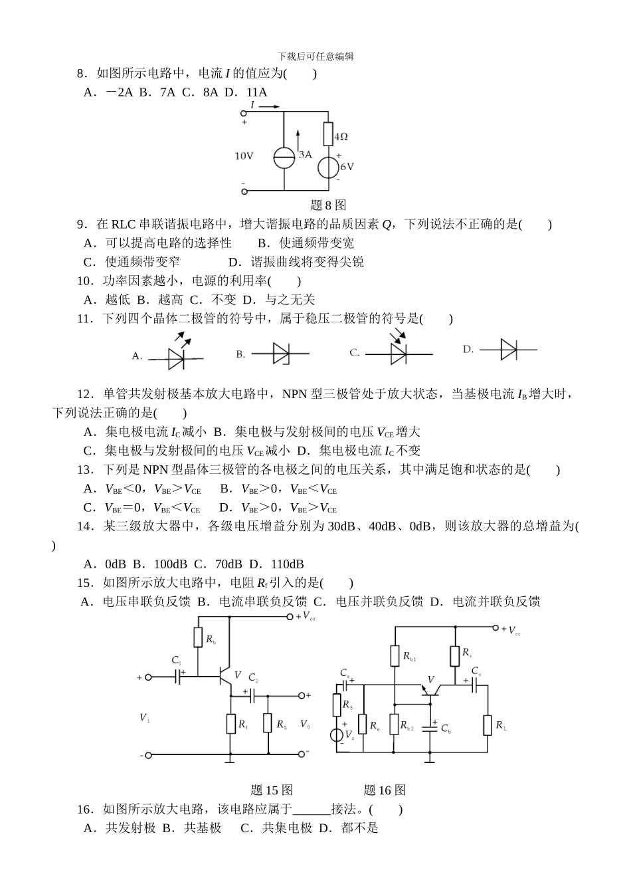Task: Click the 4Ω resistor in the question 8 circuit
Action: (328, 134)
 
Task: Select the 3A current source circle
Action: (284, 158)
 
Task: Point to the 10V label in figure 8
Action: (244, 156)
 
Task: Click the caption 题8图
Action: (328, 205)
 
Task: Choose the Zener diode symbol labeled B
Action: (281, 353)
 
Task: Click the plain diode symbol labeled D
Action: (509, 349)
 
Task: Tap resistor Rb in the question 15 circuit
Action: (198, 638)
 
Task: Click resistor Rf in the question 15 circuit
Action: (230, 723)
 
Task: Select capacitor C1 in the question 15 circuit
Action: (178, 677)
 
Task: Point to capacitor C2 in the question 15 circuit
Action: (252, 695)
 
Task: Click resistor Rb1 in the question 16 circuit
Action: (394, 656)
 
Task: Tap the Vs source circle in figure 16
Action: (337, 735)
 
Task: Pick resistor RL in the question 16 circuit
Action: (488, 725)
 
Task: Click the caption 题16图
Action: (385, 790)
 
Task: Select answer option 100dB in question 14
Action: (169, 564)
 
